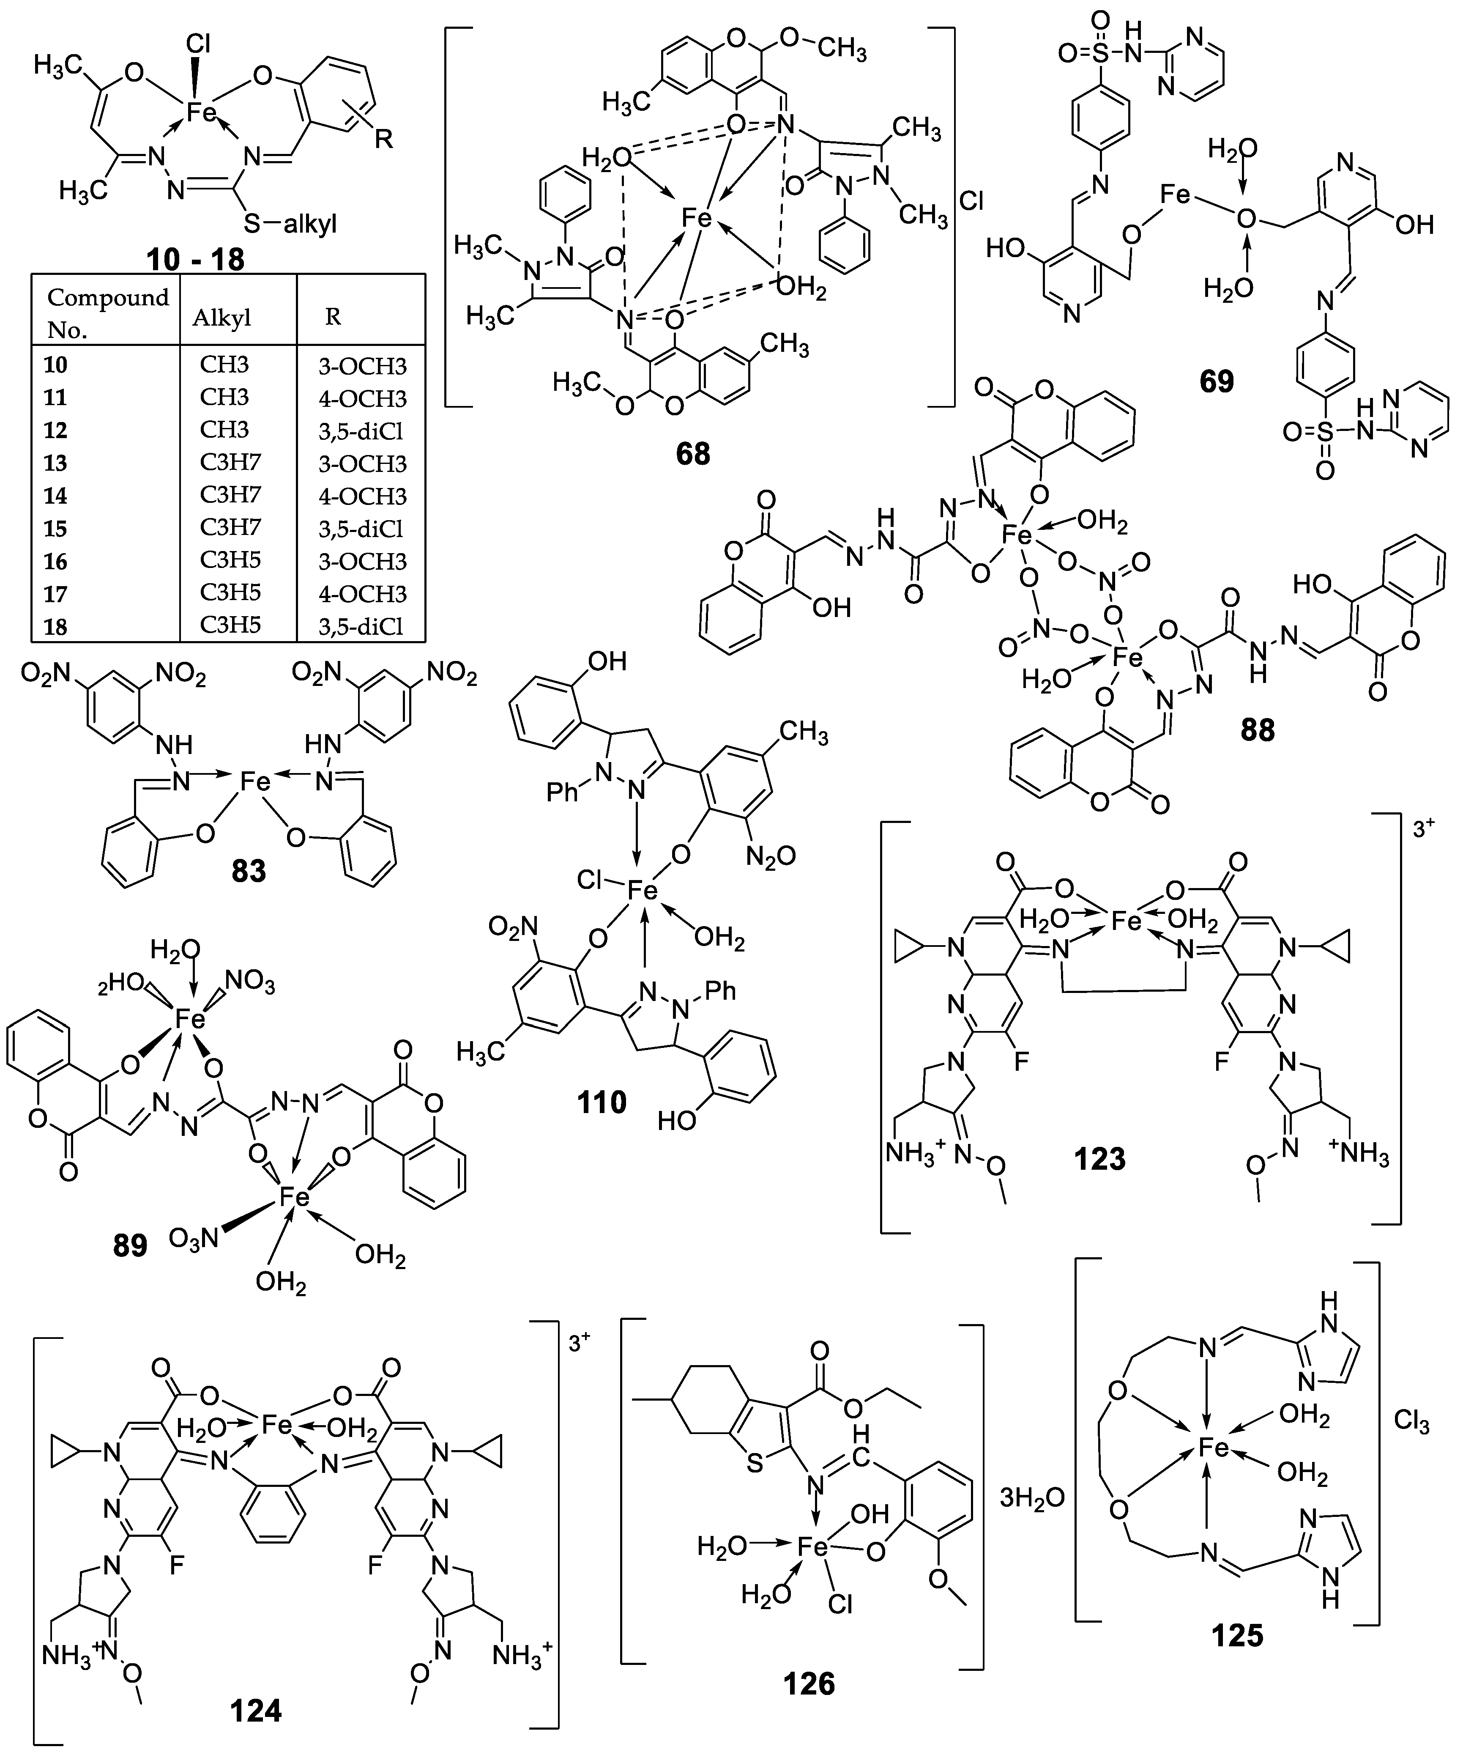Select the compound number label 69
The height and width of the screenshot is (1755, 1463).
click(1217, 382)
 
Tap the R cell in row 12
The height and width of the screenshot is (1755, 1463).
click(362, 431)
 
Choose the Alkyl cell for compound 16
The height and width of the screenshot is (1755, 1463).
click(231, 560)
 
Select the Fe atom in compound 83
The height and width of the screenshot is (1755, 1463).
click(256, 782)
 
